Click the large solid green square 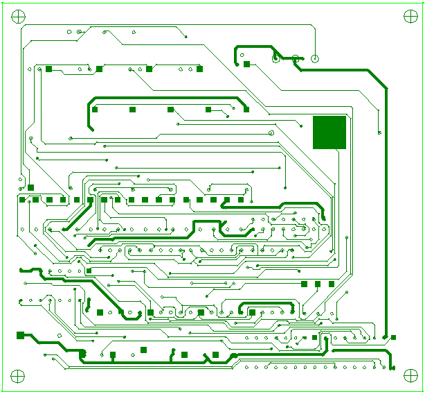click(x=329, y=132)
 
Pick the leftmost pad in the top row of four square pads click(x=49, y=69)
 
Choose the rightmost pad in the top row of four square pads click(x=200, y=69)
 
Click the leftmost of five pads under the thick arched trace click(x=96, y=110)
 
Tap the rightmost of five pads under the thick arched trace click(x=246, y=110)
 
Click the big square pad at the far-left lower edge click(x=20, y=335)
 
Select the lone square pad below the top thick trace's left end click(x=246, y=65)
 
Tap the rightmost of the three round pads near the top click(x=315, y=59)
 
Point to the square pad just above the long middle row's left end click(x=31, y=187)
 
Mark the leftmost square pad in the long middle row click(x=22, y=200)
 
